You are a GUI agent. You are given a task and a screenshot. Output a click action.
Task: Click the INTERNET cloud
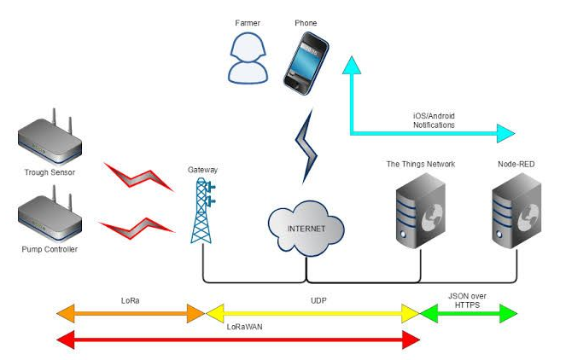(x=307, y=229)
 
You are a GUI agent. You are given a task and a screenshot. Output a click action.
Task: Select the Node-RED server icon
(x=516, y=213)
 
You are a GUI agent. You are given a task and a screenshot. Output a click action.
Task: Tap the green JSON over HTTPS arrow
(x=469, y=313)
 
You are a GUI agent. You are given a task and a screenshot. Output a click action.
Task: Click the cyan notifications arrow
(x=427, y=132)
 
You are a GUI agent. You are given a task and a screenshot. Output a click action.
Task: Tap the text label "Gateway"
(x=202, y=170)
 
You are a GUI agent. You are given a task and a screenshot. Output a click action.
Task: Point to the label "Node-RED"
(x=516, y=163)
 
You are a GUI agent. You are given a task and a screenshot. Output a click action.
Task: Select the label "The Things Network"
(x=421, y=163)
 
